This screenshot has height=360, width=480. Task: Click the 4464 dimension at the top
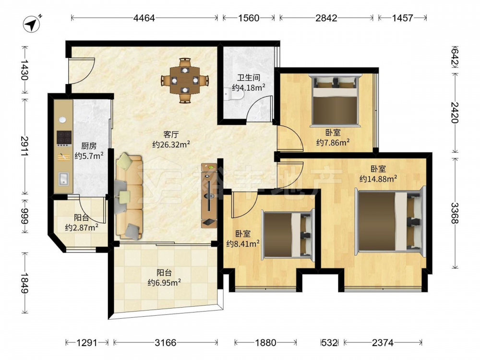coord(144,18)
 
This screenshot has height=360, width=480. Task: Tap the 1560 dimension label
coord(249,18)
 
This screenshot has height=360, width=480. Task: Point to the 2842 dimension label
coord(326,18)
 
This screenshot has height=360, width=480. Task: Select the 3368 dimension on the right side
coord(455,213)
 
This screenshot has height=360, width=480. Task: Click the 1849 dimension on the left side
coord(25,283)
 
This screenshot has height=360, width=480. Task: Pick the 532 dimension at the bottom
coord(329,343)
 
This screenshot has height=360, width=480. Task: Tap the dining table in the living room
coord(185,80)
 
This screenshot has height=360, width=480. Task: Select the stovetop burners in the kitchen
coord(64,138)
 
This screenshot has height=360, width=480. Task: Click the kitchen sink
coord(64,179)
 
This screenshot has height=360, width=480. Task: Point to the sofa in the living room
coord(129,196)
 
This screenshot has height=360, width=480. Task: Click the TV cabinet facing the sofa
coord(209,195)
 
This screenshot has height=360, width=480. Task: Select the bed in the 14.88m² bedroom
coord(390,221)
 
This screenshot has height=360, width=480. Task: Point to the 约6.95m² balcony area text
coord(164,282)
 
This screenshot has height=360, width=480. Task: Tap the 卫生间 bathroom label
coord(248,77)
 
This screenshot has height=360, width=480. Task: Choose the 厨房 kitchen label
coord(89,146)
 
